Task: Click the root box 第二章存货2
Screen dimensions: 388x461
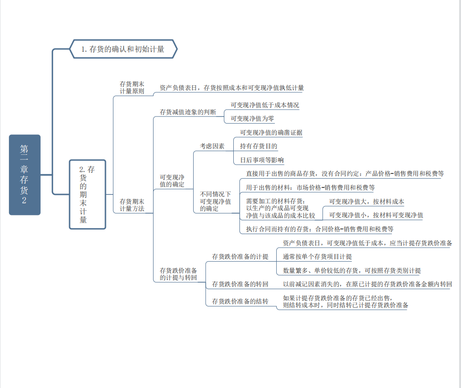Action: [25, 175]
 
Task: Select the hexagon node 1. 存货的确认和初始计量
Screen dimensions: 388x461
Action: [123, 49]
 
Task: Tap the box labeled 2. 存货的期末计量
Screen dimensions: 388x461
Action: [87, 194]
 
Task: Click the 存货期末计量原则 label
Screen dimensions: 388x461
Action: [132, 88]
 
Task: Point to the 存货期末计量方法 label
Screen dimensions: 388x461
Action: [132, 205]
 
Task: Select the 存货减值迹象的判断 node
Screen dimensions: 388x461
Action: [188, 112]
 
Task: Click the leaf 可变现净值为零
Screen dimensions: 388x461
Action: [252, 118]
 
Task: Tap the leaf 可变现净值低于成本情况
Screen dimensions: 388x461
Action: [265, 105]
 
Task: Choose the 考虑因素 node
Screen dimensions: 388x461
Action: [212, 146]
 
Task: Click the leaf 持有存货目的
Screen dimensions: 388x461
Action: [259, 146]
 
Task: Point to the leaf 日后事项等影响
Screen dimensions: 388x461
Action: [262, 160]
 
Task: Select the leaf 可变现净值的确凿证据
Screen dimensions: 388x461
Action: [271, 132]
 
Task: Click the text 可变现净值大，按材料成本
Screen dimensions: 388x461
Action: [367, 201]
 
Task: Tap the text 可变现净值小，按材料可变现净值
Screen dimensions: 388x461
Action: [376, 215]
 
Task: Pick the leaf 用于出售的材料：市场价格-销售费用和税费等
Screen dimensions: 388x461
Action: [310, 187]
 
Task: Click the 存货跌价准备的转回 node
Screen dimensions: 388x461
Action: [240, 284]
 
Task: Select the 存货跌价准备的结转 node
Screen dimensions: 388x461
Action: [240, 301]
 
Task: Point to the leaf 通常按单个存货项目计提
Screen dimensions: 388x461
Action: [317, 256]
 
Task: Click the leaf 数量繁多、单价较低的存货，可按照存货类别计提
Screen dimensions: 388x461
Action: [352, 270]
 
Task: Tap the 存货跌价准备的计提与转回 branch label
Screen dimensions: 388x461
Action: [178, 274]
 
